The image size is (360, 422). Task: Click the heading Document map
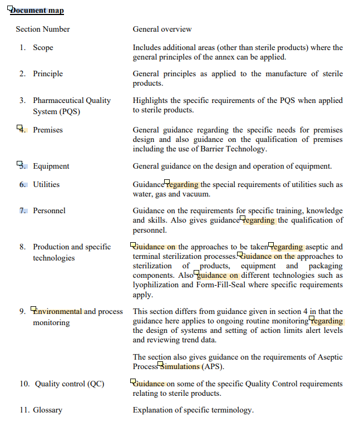(x=37, y=11)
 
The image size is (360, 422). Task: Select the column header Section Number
(x=43, y=29)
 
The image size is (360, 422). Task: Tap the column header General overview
(x=162, y=29)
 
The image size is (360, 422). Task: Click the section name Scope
(x=43, y=47)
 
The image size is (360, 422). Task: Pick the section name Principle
(x=48, y=73)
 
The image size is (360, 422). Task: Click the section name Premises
(x=48, y=130)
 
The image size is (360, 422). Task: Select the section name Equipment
(x=51, y=166)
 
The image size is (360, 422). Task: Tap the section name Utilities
(x=46, y=184)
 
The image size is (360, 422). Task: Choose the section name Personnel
(x=49, y=210)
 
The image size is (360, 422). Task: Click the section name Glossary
(x=47, y=410)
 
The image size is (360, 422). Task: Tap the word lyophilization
(x=156, y=284)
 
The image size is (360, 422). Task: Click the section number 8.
(x=22, y=247)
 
